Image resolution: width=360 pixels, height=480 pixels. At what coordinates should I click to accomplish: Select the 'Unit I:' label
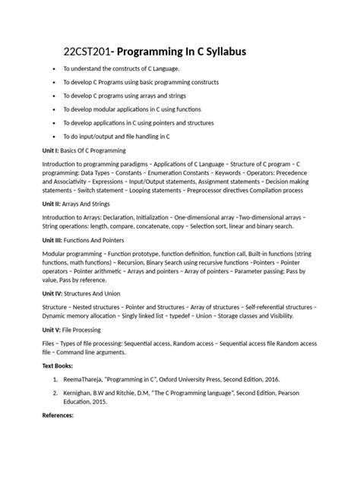click(53, 150)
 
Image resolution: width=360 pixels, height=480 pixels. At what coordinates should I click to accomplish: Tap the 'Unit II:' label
click(55, 204)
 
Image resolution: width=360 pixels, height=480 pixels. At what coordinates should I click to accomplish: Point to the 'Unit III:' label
click(56, 239)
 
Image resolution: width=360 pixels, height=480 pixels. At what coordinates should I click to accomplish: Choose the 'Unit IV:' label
click(56, 292)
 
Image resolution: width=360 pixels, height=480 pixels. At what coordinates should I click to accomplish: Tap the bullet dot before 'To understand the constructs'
click(53, 68)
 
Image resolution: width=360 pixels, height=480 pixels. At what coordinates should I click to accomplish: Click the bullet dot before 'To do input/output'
click(53, 136)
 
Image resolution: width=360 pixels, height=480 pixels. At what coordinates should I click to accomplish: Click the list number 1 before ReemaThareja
click(55, 378)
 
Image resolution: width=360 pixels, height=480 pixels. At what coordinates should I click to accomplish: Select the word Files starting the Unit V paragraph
click(50, 343)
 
